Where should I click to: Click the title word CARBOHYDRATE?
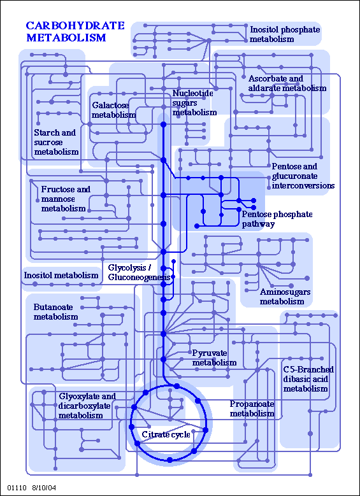[x=75, y=25]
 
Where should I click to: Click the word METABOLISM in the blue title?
[x=66, y=38]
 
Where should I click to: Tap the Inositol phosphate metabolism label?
[x=285, y=34]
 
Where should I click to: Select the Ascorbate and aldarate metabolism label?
[x=287, y=83]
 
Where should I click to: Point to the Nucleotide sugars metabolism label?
[x=195, y=103]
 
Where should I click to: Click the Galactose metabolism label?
[x=114, y=110]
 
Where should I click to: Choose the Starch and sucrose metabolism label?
[x=56, y=142]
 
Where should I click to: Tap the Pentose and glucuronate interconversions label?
[x=303, y=176]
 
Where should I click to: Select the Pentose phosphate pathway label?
[x=277, y=219]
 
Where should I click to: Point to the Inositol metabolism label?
[x=61, y=275]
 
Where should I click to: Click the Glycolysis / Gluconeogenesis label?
[x=140, y=273]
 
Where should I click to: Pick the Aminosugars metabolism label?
[x=285, y=297]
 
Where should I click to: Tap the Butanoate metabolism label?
[x=55, y=312]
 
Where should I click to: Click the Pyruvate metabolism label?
[x=214, y=358]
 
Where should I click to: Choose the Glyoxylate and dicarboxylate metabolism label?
[x=87, y=406]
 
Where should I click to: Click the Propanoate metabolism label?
[x=252, y=408]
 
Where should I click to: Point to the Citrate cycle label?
[x=166, y=434]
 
